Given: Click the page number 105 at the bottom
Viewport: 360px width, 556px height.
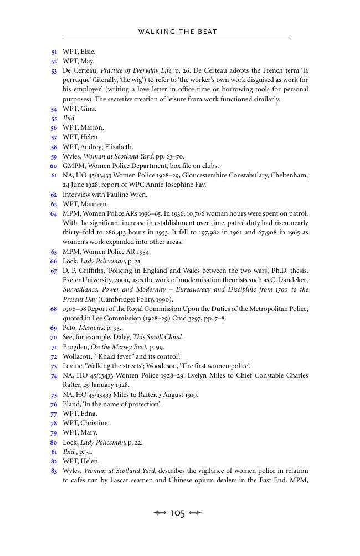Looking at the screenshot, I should (177, 513).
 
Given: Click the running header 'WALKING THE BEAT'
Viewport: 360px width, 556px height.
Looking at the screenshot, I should (177, 32).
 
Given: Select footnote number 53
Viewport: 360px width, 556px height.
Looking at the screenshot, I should (54, 71).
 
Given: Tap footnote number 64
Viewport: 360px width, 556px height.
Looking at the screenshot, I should (54, 213).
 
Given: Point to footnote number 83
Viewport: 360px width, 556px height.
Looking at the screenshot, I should (54, 471).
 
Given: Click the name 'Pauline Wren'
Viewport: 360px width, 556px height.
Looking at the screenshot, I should (123, 195).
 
